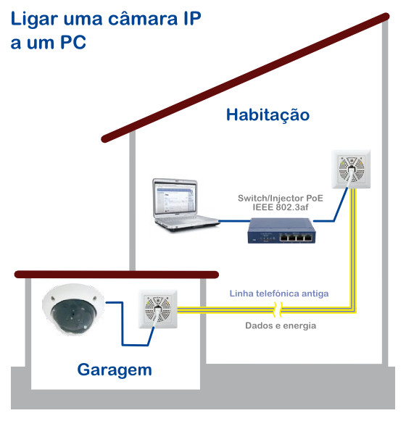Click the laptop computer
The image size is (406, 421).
pyautogui.click(x=186, y=205)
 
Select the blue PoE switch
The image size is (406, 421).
pyautogui.click(x=281, y=230)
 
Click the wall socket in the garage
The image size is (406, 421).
pyautogui.click(x=158, y=309)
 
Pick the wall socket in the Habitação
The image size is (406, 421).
pyautogui.click(x=351, y=169)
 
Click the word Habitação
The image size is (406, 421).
pyautogui.click(x=268, y=115)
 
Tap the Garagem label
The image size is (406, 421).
pyautogui.click(x=115, y=370)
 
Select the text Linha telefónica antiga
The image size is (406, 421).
pyautogui.click(x=279, y=293)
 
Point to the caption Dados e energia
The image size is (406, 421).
pyautogui.click(x=281, y=325)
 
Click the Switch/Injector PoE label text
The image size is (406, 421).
pyautogui.click(x=281, y=198)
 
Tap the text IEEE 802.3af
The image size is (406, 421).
pyautogui.click(x=281, y=207)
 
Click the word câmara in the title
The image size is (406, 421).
pyautogui.click(x=143, y=19)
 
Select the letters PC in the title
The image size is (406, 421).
pyautogui.click(x=73, y=43)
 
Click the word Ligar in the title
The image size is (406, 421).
pyautogui.click(x=34, y=20)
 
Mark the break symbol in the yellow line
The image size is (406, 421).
pyautogui.click(x=278, y=309)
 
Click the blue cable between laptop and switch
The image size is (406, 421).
pyautogui.click(x=234, y=221)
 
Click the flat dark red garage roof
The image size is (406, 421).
pyautogui.click(x=116, y=275)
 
